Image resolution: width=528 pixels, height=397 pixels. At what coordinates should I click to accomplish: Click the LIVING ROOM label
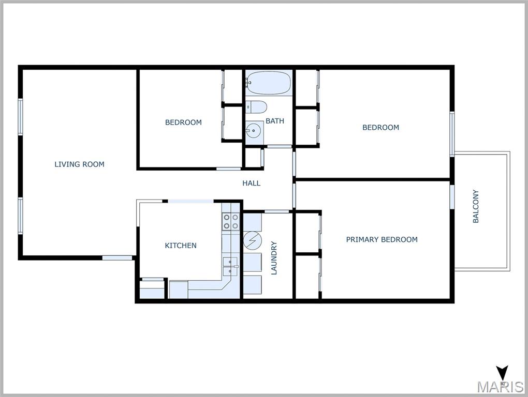pyautogui.click(x=79, y=164)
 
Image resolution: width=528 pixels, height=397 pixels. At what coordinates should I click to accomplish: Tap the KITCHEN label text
pyautogui.click(x=181, y=246)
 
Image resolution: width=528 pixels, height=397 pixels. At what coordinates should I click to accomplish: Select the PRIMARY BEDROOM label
pyautogui.click(x=382, y=239)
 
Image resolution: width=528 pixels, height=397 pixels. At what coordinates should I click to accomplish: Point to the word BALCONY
pyautogui.click(x=476, y=206)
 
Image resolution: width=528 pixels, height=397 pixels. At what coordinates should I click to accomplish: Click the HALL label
pyautogui.click(x=251, y=183)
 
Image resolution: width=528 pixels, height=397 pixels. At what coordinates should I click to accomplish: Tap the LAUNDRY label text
pyautogui.click(x=274, y=258)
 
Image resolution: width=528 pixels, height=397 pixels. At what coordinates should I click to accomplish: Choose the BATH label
pyautogui.click(x=274, y=121)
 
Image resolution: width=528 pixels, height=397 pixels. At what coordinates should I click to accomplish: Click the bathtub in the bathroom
pyautogui.click(x=268, y=83)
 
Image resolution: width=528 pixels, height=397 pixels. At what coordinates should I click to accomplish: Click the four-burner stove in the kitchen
pyautogui.click(x=231, y=222)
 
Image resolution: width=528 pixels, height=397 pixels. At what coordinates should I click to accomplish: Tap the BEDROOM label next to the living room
pyautogui.click(x=183, y=123)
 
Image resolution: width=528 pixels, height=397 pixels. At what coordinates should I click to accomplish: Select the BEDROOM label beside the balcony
pyautogui.click(x=380, y=127)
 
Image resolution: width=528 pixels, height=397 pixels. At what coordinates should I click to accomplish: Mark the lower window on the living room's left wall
pyautogui.click(x=21, y=215)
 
